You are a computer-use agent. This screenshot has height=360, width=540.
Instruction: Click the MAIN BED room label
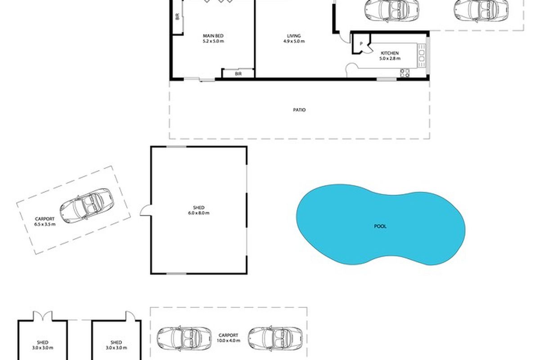[213, 36]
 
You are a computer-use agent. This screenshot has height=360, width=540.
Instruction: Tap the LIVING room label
[294, 36]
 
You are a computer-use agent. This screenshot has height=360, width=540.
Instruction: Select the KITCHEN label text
[390, 53]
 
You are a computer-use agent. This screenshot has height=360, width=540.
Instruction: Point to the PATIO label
[299, 110]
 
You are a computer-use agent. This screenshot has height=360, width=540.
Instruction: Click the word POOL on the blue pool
[380, 226]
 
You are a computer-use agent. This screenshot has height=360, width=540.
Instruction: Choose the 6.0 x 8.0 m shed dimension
[198, 213]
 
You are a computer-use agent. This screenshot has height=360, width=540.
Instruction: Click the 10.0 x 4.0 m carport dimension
[228, 341]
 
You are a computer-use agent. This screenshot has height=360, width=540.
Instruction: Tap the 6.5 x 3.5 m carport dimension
[45, 224]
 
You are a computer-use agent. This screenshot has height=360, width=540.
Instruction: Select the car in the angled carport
[87, 206]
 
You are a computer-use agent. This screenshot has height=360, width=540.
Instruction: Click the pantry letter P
[361, 44]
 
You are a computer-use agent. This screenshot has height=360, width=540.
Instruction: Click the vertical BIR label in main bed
[178, 16]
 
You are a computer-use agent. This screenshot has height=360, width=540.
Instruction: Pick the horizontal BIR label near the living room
[238, 74]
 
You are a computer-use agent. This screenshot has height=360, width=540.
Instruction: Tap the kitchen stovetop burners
[405, 73]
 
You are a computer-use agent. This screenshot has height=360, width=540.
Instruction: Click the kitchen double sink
[422, 56]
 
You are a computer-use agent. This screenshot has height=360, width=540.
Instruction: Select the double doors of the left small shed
[43, 316]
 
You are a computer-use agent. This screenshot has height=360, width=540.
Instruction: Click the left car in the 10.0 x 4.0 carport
[184, 338]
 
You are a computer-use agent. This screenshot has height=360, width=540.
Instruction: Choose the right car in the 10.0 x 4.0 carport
[275, 338]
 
